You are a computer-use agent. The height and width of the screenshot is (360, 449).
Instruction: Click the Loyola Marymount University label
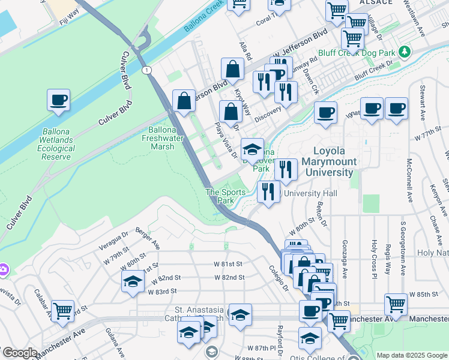pos(335,162)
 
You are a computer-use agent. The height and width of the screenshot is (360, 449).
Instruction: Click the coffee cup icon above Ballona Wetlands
pos(59,100)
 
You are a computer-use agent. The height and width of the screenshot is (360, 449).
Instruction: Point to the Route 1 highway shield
pos(146,70)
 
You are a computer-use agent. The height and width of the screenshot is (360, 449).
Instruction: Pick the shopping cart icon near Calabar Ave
pos(62,311)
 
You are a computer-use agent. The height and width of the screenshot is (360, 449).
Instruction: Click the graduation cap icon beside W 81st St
pos(132,281)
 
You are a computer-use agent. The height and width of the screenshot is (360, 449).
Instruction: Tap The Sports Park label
pos(226,196)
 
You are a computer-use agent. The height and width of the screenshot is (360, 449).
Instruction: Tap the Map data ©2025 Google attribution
pos(411,355)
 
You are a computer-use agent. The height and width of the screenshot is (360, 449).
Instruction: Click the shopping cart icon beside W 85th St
pos(396,304)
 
